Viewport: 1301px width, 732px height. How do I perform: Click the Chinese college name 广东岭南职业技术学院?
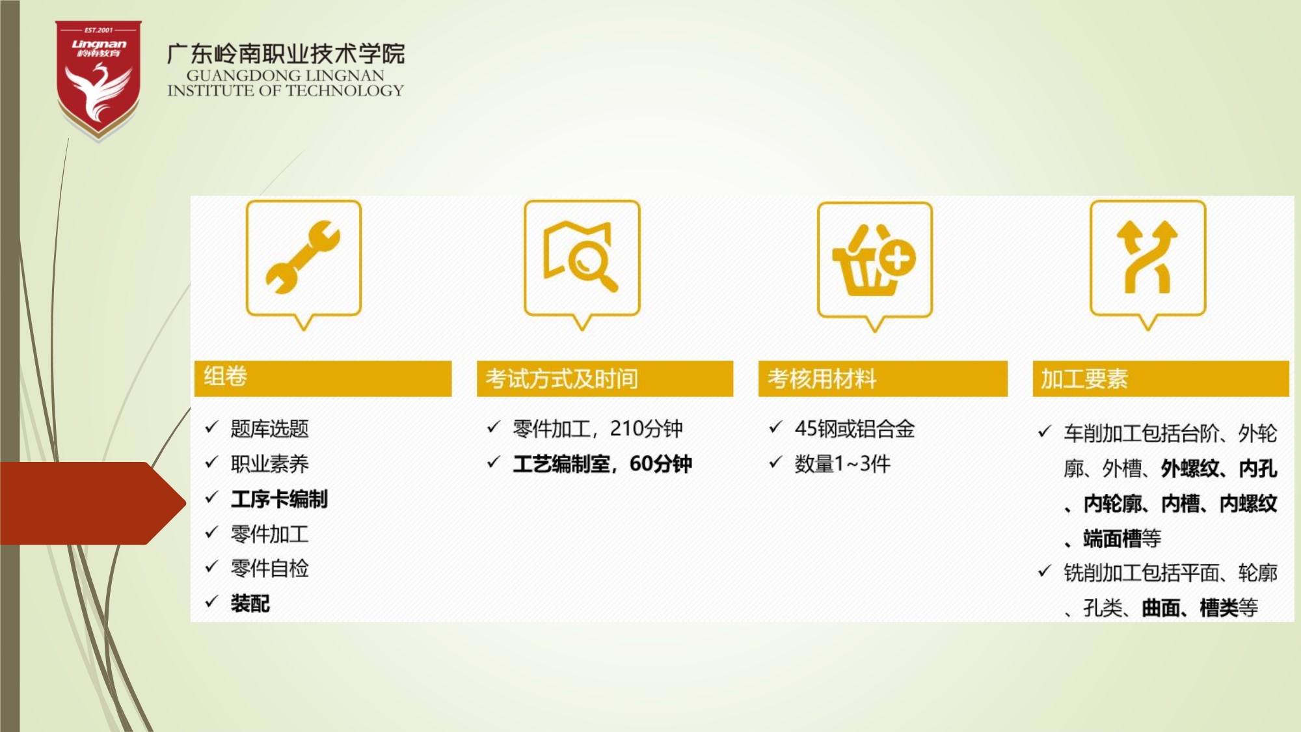coord(286,53)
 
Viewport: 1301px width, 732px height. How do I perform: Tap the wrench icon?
coord(303,257)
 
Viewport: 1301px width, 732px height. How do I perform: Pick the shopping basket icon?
coord(874,260)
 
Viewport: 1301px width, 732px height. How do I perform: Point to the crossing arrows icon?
coord(1147,257)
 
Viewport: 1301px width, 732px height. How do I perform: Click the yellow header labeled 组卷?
coord(323,378)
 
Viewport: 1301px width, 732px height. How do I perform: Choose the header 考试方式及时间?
coord(605,378)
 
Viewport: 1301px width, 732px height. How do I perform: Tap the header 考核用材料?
coord(883,378)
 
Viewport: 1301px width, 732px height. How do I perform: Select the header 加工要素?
coord(1160,378)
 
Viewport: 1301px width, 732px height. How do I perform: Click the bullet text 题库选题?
coord(269,429)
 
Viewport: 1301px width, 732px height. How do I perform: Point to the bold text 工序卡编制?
coord(279,499)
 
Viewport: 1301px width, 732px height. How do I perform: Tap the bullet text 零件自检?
coord(269,569)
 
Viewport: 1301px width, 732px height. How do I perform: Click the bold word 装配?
coord(250,604)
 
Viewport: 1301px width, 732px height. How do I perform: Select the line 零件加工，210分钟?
coord(598,429)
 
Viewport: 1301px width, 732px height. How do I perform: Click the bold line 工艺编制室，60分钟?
coord(602,464)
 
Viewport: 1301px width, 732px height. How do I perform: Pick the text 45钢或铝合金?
coord(855,429)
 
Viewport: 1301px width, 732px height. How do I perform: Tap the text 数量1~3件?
coord(842,464)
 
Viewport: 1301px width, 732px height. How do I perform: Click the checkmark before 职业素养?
coord(211,463)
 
